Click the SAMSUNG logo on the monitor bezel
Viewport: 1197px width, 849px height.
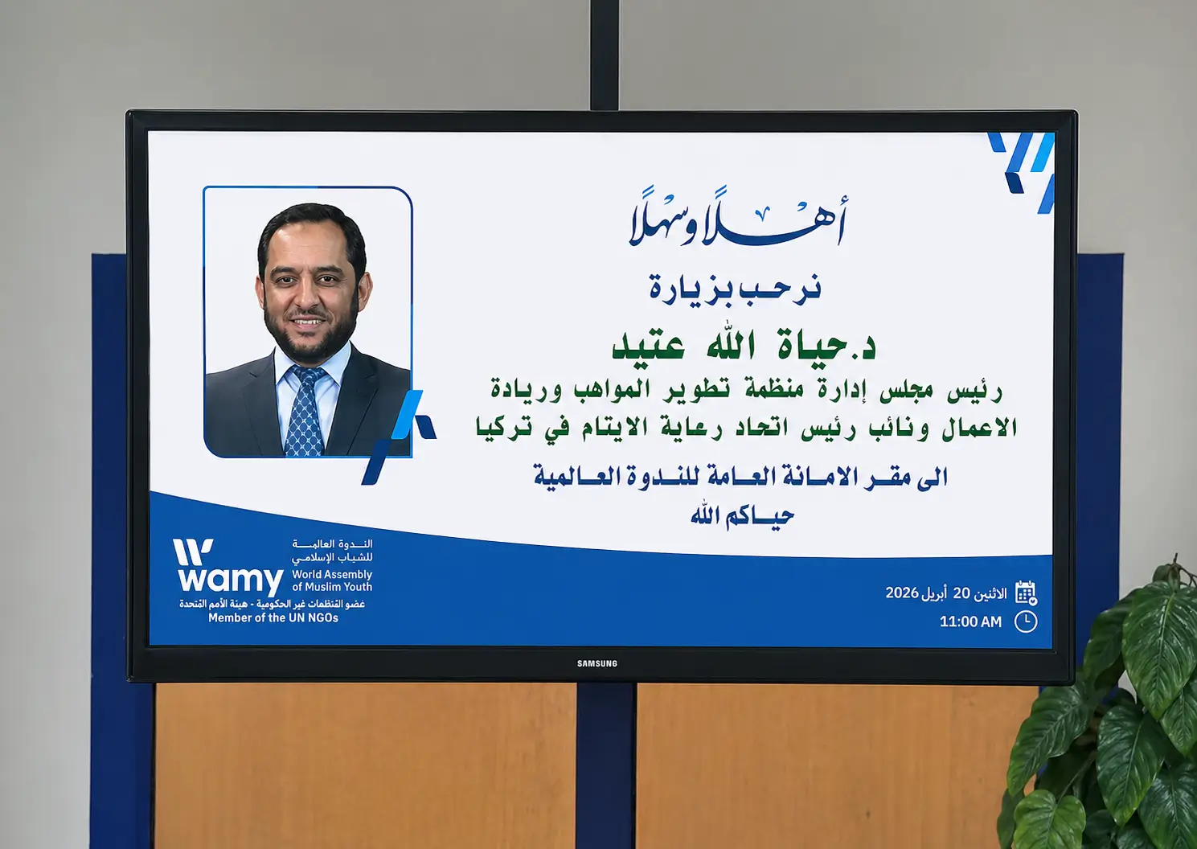596,663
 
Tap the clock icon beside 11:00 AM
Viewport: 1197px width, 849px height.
1025,621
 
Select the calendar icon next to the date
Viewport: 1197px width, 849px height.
1025,593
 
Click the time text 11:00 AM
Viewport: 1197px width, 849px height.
970,621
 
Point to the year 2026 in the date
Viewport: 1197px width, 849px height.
901,593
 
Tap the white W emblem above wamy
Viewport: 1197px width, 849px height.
193,552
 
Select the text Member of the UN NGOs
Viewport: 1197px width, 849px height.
273,617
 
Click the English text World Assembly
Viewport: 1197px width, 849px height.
332,574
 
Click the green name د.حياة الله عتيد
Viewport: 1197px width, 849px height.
744,346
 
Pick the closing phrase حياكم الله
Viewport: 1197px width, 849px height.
741,515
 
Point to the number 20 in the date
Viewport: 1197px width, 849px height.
961,593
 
